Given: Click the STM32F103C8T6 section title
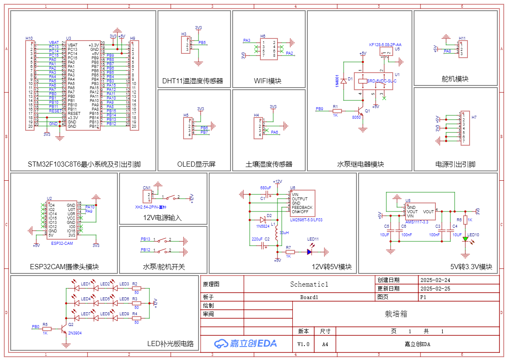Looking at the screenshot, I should point(84,164).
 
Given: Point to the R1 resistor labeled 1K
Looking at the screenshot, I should point(336,111).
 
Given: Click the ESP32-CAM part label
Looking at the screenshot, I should point(62,243).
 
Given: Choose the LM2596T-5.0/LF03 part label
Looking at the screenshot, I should point(306,220).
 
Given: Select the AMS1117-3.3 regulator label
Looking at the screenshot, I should point(417,222).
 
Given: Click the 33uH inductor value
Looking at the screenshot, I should point(284,233).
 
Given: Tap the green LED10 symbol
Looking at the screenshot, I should point(465,239).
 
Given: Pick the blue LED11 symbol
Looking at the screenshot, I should point(309,252).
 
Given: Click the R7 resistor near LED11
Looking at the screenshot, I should point(290,252).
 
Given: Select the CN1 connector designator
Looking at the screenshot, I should point(147,188).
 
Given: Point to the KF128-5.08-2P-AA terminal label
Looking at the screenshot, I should point(385,44).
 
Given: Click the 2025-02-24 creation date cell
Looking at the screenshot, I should point(435,280).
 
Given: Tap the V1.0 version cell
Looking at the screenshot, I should point(304,344).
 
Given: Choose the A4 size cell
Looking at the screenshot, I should point(325,344).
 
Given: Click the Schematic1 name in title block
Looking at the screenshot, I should point(309,284).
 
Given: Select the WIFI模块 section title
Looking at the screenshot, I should point(268,81).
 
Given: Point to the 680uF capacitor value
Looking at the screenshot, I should point(266,188).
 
